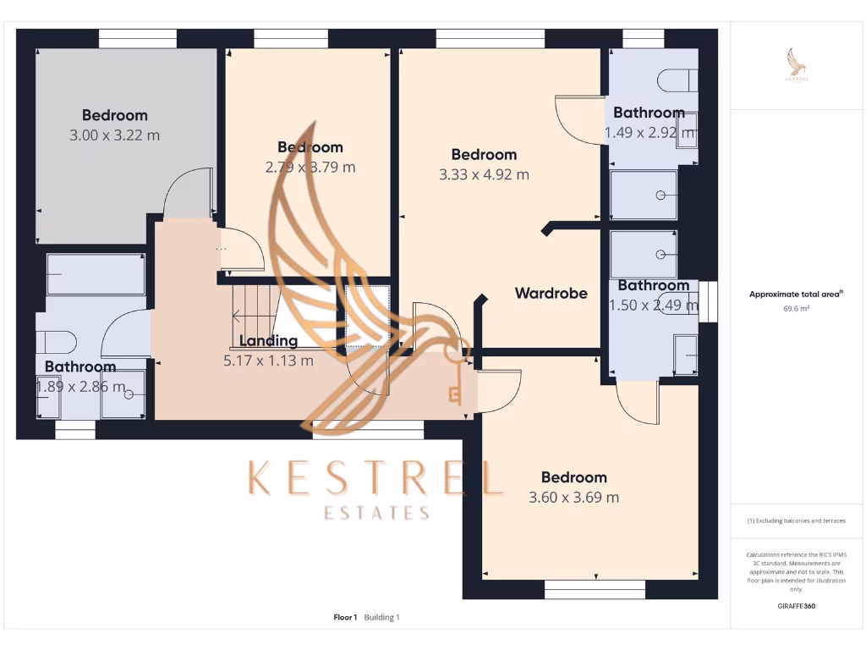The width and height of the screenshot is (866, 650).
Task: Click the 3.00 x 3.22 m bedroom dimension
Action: pyautogui.click(x=115, y=135)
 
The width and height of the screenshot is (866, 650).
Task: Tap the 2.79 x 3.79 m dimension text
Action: pyautogui.click(x=310, y=167)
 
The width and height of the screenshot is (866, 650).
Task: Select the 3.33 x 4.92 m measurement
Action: pyautogui.click(x=484, y=175)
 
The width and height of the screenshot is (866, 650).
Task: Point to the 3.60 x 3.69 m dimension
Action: pyautogui.click(x=573, y=498)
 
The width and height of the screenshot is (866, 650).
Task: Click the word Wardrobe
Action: pyautogui.click(x=551, y=294)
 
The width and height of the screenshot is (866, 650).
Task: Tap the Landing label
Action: pyautogui.click(x=268, y=341)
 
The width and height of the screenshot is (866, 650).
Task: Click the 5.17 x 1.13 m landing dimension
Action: pyautogui.click(x=268, y=361)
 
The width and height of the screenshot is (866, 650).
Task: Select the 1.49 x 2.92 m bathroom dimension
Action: pyautogui.click(x=649, y=133)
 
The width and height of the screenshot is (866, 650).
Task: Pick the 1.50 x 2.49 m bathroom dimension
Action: pyautogui.click(x=654, y=306)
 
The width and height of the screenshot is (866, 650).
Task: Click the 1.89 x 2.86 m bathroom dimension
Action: pyautogui.click(x=80, y=388)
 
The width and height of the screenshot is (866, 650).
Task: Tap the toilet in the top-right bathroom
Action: pyautogui.click(x=677, y=80)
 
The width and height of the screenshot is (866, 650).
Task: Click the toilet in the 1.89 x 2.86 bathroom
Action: pyautogui.click(x=56, y=342)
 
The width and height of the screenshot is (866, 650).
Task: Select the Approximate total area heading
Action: pyautogui.click(x=796, y=295)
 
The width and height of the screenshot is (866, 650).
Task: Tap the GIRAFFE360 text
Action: pyautogui.click(x=796, y=606)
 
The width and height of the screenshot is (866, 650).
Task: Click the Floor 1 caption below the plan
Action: pyautogui.click(x=345, y=618)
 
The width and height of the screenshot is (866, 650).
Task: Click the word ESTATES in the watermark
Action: pyautogui.click(x=377, y=513)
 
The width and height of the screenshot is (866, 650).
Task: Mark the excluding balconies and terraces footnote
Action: pyautogui.click(x=796, y=521)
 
